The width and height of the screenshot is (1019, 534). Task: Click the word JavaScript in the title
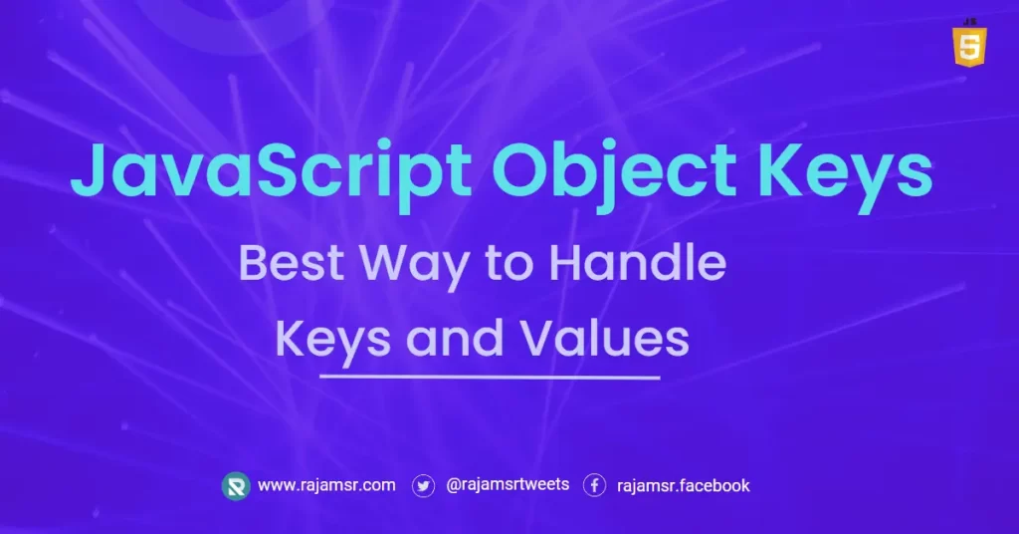[271, 171]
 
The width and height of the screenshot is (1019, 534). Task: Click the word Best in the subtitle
[292, 263]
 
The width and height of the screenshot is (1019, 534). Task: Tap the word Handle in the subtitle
[638, 262]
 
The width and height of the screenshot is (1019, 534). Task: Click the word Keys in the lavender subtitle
[333, 341]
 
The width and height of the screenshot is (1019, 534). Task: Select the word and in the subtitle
[455, 338]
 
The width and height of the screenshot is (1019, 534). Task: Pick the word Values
[604, 338]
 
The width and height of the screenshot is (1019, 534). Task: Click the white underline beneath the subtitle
[490, 377]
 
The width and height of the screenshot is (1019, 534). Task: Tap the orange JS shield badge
[969, 43]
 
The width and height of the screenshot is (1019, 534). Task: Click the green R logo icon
[235, 486]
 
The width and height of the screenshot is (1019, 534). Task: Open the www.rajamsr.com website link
[326, 485]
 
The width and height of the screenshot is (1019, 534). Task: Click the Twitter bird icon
[423, 486]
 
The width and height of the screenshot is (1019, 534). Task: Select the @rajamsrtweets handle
[508, 484]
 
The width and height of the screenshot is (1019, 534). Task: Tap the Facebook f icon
[594, 485]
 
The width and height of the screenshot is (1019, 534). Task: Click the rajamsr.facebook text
[683, 486]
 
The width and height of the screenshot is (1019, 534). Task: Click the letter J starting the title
[91, 169]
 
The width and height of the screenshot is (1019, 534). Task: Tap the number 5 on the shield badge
[969, 47]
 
